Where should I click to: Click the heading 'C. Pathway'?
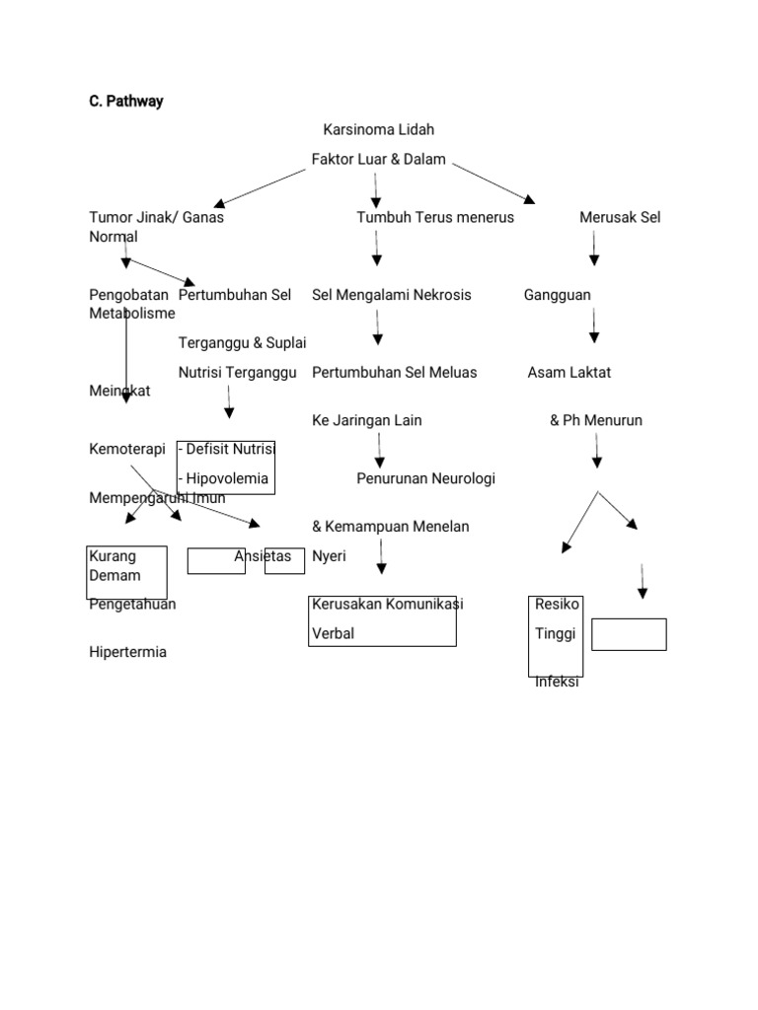coord(126,101)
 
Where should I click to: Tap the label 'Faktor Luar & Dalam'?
coord(378,160)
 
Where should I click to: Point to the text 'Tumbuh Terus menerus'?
coord(434,218)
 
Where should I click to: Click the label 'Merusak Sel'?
coord(620,218)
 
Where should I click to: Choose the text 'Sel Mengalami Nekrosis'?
coord(391,295)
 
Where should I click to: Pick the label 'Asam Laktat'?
coord(568,373)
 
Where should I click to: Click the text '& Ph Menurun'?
coord(595,421)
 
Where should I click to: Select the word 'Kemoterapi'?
coord(126,450)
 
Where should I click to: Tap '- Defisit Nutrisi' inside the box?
coord(226,450)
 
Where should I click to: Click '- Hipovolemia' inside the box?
coord(223,479)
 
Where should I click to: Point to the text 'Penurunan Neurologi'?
coord(425,479)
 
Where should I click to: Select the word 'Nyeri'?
coord(329,556)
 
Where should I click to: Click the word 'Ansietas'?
coord(263,556)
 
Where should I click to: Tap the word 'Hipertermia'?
coord(127,653)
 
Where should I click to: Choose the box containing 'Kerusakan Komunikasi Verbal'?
coord(382,620)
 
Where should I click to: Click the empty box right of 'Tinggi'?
coord(629,634)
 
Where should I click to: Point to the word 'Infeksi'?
coord(557,683)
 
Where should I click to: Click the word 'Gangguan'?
coord(558,295)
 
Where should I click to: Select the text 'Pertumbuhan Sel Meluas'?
coord(394,373)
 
